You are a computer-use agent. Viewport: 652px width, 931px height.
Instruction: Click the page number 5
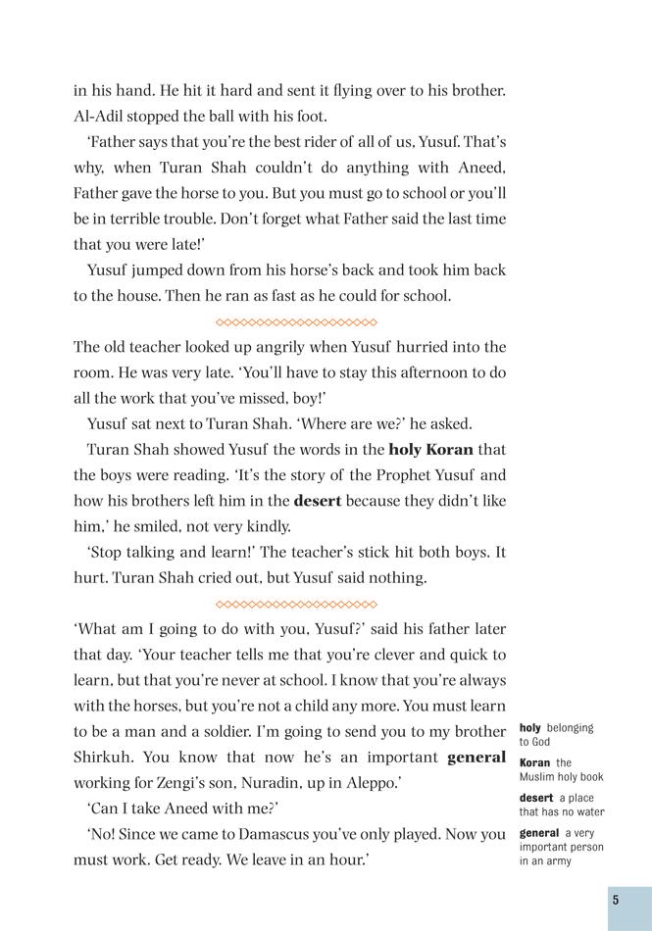[x=615, y=900]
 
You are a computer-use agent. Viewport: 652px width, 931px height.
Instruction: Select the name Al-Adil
[x=103, y=117]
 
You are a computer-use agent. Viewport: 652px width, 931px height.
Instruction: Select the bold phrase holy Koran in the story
[x=430, y=450]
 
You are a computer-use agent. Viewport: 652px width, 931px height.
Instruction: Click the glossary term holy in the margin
[x=529, y=728]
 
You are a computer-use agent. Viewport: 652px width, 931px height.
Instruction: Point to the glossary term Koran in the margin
[x=534, y=762]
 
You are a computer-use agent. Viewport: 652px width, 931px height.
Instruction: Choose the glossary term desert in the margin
[x=536, y=798]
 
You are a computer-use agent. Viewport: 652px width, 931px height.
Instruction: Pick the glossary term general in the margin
[x=539, y=833]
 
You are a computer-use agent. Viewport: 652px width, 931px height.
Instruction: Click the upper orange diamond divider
[x=295, y=321]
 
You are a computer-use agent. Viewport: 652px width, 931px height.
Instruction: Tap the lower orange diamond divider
[x=295, y=604]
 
